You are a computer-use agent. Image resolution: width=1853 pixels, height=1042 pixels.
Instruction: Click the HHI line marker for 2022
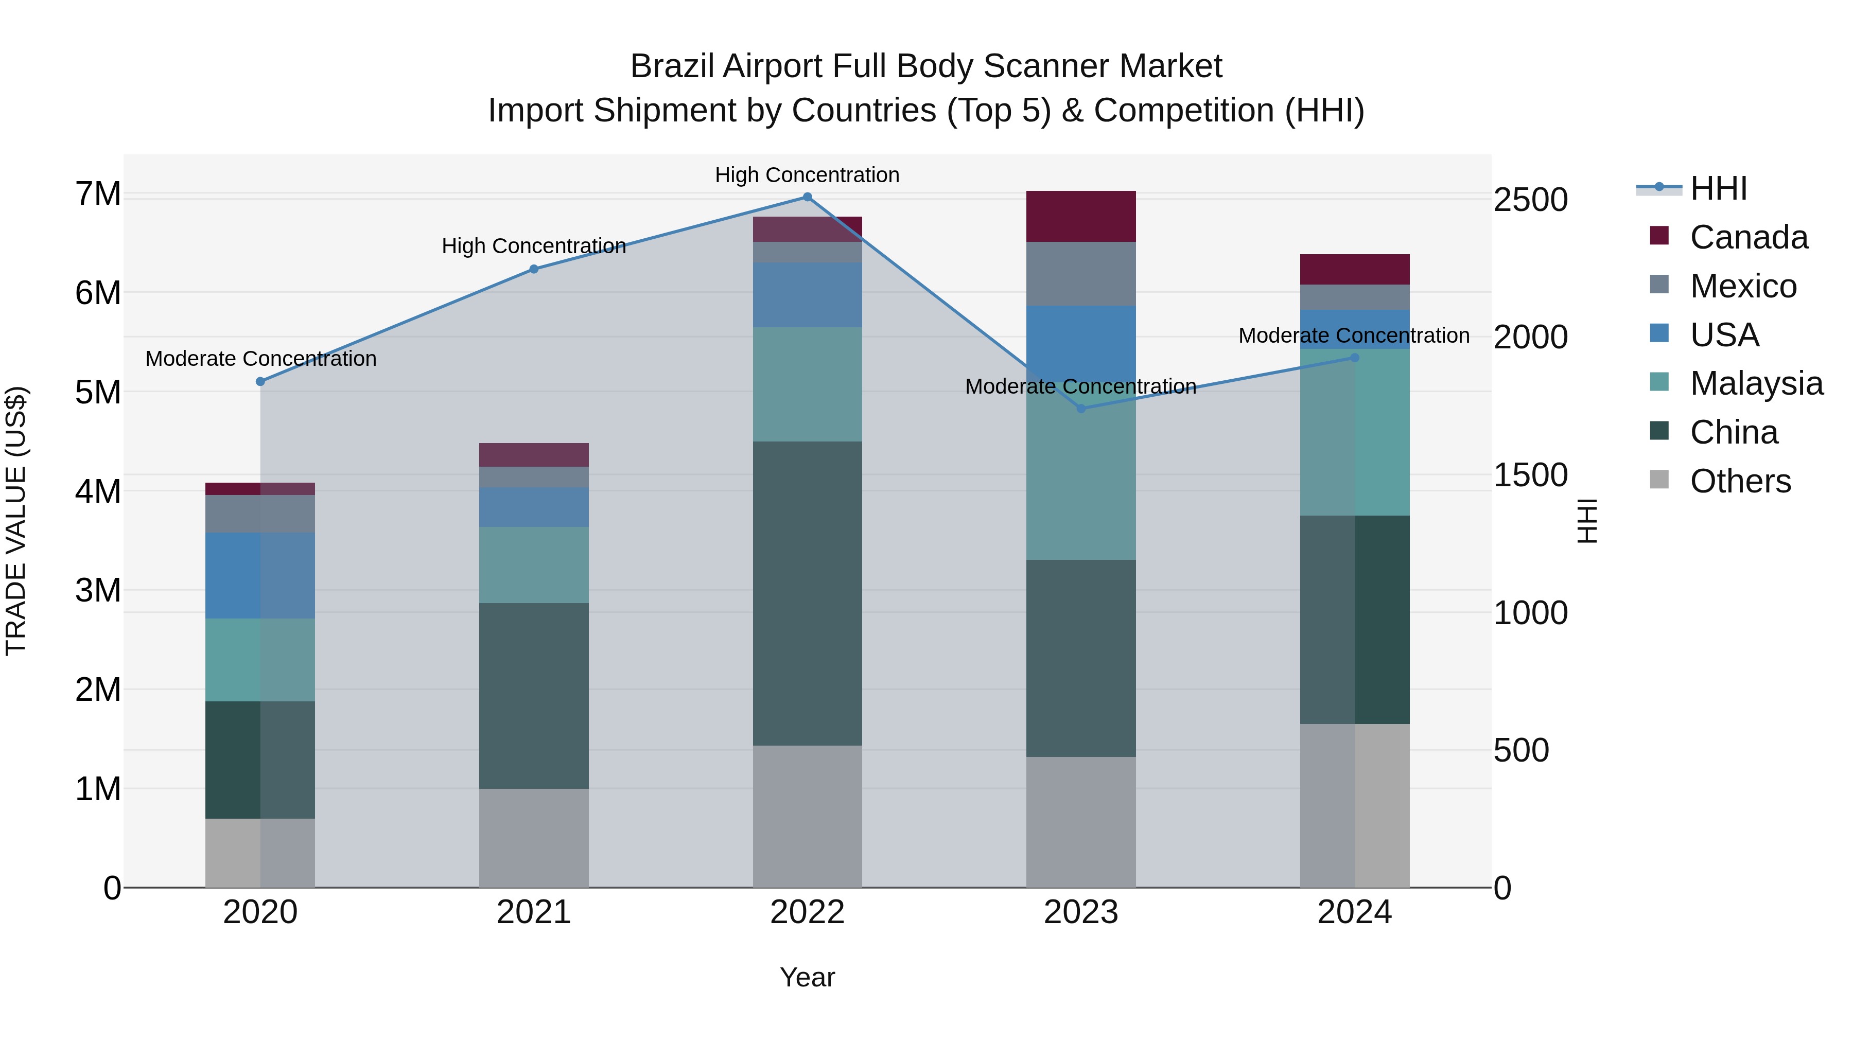click(807, 197)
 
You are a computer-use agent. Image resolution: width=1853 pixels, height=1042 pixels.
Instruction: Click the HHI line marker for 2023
click(1080, 409)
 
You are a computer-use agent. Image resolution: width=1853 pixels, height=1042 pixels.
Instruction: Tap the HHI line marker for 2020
click(260, 382)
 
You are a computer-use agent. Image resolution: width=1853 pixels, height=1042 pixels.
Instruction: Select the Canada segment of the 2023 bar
click(1080, 217)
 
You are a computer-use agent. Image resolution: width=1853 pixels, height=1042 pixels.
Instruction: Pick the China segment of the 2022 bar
click(807, 593)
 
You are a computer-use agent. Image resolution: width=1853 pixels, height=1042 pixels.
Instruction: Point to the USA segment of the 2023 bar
click(1080, 338)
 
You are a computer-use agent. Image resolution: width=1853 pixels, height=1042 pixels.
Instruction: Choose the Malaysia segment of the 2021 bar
click(534, 564)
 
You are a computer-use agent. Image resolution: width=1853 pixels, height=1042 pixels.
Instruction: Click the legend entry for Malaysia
click(1756, 383)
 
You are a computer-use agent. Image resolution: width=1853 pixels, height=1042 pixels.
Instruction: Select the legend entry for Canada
click(1748, 237)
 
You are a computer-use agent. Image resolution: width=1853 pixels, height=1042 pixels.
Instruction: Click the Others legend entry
click(1739, 481)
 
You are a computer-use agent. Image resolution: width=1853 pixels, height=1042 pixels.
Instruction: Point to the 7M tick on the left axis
click(98, 194)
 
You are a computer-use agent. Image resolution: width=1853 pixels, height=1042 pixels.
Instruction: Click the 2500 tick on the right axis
click(1531, 200)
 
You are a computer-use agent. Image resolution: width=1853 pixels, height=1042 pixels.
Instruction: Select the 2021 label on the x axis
click(534, 912)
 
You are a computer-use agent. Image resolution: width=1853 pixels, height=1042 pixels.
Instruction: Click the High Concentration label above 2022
click(807, 175)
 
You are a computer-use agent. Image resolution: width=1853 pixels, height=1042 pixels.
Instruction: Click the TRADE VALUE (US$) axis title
click(16, 521)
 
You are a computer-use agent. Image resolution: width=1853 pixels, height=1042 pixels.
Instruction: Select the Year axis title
click(807, 977)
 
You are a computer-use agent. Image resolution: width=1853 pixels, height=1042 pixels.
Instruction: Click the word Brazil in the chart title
click(672, 66)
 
